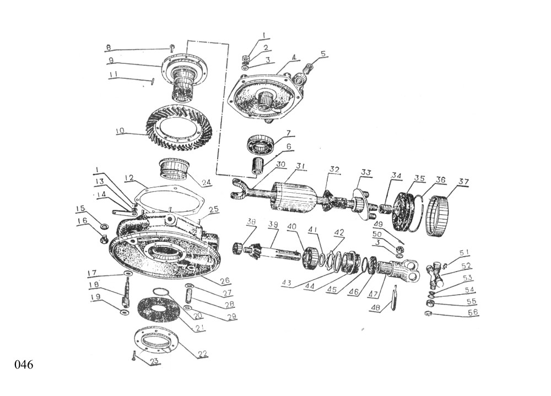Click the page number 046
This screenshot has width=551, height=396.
[24, 365]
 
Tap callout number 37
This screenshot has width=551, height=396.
[463, 182]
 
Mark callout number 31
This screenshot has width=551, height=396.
[299, 165]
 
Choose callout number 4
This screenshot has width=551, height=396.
[294, 57]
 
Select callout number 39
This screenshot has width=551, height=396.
[273, 224]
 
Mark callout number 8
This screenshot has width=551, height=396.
[109, 47]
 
